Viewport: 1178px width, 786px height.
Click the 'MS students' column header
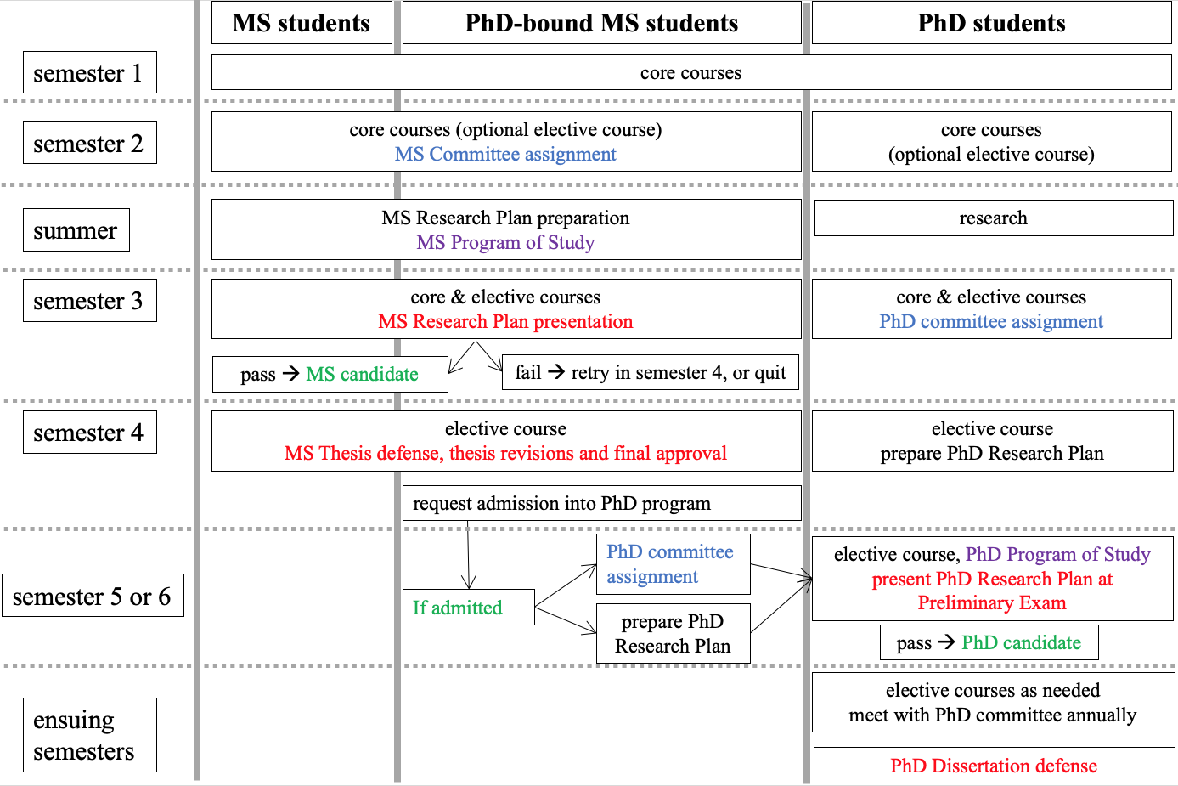pos(302,23)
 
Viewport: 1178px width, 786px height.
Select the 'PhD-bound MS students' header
pos(601,23)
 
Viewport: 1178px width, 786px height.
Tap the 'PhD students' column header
pos(991,23)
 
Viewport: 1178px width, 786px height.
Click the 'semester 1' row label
pos(90,72)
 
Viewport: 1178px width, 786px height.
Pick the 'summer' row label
pos(76,230)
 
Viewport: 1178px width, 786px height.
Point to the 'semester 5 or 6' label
pos(93,595)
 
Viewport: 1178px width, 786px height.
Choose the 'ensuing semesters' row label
pos(90,735)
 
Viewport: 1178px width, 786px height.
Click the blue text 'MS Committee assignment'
pos(505,154)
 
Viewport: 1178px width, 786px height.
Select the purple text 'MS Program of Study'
pos(505,242)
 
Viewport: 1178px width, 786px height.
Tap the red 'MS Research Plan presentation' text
pos(505,321)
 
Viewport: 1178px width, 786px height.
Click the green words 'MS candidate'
pos(363,374)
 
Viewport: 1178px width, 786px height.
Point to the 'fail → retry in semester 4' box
pos(651,372)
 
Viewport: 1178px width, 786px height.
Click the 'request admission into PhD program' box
pos(602,504)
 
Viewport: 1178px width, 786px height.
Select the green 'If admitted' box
pos(469,607)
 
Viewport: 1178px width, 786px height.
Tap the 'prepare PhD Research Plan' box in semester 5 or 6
pos(674,633)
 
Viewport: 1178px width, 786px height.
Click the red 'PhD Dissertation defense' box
pos(994,766)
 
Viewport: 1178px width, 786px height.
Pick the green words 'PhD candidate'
pos(1021,642)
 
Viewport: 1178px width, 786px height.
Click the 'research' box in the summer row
pos(994,218)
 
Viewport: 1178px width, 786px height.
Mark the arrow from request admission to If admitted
pos(468,555)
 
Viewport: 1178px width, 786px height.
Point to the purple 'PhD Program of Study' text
pos(1058,555)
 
